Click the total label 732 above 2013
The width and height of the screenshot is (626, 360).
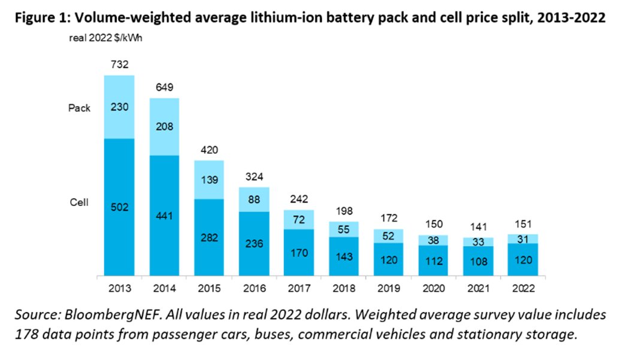(119, 65)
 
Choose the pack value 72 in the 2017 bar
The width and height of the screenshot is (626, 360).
(299, 219)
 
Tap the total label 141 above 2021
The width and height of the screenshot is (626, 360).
(478, 226)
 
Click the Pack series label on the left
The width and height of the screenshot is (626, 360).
(80, 108)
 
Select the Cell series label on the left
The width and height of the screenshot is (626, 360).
(79, 202)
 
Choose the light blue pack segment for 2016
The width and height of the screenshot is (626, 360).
(254, 199)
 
